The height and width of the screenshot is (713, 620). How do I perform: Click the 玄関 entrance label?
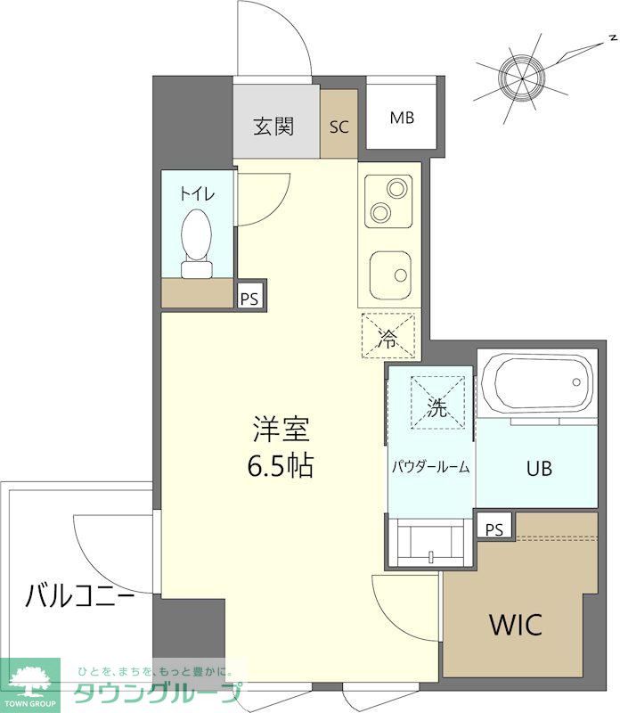pos(273,127)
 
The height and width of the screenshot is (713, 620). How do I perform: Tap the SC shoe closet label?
pos(339,127)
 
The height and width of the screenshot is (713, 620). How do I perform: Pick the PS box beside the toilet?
pos(249,299)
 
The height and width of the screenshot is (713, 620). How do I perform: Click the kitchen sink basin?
pos(389,266)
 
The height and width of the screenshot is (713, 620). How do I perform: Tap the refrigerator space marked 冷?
pos(388,337)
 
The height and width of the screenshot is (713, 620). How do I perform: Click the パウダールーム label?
pos(431,467)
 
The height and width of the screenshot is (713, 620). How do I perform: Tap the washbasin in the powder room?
pos(431,542)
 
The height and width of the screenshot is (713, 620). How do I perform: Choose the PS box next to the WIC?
pos(494,529)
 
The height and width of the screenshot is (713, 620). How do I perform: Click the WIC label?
pos(514,625)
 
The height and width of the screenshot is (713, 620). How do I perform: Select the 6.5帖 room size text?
pos(281,466)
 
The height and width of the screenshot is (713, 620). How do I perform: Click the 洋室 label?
pos(281,430)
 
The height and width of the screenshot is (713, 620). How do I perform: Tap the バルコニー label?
pos(80,594)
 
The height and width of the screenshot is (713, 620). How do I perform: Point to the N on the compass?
pos(614,37)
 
